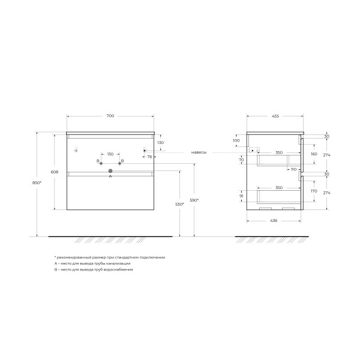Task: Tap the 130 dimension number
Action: pyautogui.click(x=160, y=143)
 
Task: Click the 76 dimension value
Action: pyautogui.click(x=149, y=156)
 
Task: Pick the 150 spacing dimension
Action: pyautogui.click(x=110, y=154)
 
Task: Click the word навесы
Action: pyautogui.click(x=199, y=152)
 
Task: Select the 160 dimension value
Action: pyautogui.click(x=313, y=154)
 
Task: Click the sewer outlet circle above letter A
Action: pyautogui.click(x=110, y=171)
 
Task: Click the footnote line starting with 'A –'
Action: pyautogui.click(x=92, y=263)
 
